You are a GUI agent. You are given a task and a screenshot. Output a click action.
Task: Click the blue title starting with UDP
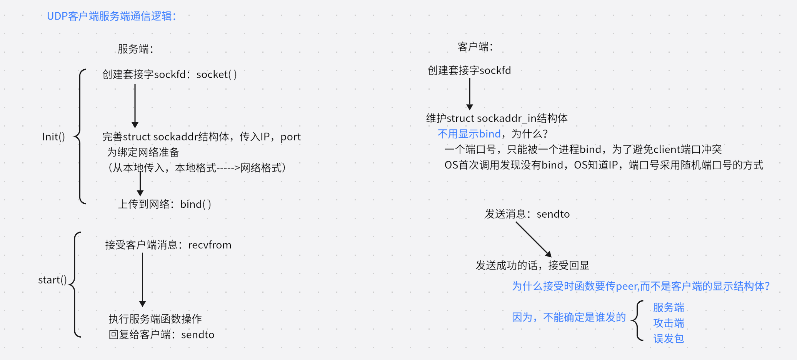coord(111,16)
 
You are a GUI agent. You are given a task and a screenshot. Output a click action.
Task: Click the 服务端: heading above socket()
coord(135,49)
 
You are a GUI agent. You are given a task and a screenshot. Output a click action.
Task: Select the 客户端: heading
coord(475,47)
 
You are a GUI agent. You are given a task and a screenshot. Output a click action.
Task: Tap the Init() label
coord(53,137)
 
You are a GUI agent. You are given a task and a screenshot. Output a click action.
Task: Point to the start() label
coord(52,280)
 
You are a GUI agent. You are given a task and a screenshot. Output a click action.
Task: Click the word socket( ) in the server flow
coord(217,74)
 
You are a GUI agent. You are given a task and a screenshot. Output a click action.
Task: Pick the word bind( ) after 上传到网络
coord(195,204)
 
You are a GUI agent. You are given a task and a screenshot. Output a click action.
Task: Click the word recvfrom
coord(210,245)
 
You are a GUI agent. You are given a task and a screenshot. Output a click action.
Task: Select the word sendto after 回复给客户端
coord(198,335)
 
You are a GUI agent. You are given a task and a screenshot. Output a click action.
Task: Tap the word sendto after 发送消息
coord(553,214)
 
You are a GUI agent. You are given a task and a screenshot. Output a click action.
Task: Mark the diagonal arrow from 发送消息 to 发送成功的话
coord(534,239)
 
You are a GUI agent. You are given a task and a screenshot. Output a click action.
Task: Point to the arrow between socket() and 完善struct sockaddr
coord(135,106)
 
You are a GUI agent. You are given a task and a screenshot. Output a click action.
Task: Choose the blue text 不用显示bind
coord(469,134)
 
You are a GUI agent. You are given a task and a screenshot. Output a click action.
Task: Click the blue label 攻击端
coord(669,323)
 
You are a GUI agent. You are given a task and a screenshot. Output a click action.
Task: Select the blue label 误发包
coord(669,338)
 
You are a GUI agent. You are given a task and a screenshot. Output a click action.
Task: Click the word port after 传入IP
coord(290,137)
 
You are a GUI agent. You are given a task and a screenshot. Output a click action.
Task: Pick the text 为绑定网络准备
coord(143,152)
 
